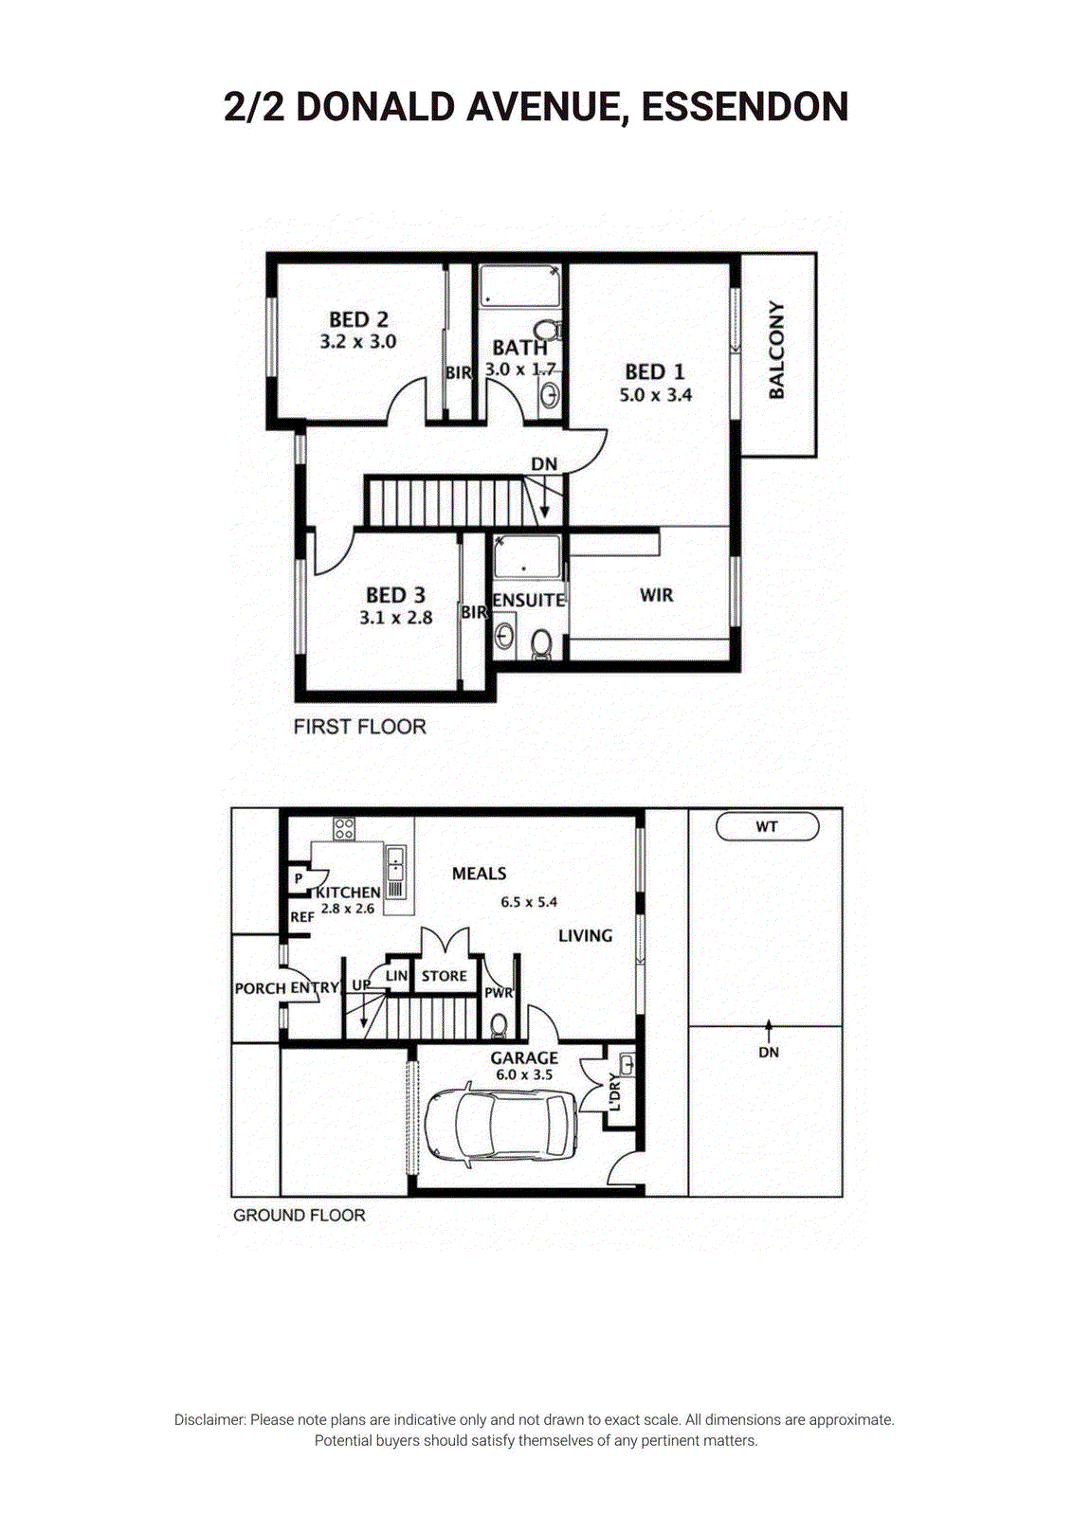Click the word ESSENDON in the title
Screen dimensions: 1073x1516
click(745, 108)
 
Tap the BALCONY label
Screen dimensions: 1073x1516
click(776, 350)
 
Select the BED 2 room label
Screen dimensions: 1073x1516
click(359, 318)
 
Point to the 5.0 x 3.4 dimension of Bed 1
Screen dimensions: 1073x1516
click(655, 395)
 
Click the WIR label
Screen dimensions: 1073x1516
click(657, 596)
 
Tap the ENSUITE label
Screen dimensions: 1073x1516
click(529, 601)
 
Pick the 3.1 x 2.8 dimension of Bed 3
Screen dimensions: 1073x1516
click(396, 618)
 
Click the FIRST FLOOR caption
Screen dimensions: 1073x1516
click(359, 727)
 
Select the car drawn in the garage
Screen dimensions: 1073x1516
click(501, 1125)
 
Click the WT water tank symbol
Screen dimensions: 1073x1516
click(767, 826)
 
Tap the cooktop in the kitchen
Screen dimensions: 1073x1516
click(344, 829)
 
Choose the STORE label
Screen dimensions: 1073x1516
click(445, 976)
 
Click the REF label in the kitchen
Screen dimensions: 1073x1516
click(302, 918)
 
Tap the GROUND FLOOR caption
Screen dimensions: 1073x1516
click(300, 1216)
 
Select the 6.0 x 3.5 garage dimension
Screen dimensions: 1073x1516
click(525, 1074)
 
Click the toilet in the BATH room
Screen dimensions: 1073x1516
click(547, 331)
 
